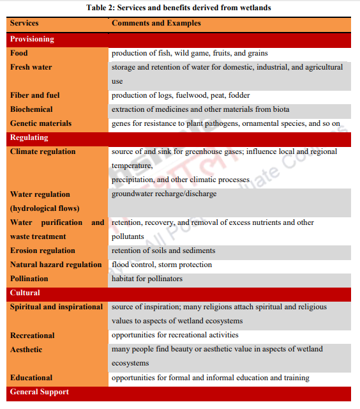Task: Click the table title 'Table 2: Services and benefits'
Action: pyautogui.click(x=180, y=8)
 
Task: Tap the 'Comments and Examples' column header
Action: pyautogui.click(x=156, y=24)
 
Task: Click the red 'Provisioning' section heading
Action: pyautogui.click(x=32, y=39)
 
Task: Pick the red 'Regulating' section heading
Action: pyautogui.click(x=29, y=137)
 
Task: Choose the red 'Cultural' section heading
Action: pyautogui.click(x=26, y=293)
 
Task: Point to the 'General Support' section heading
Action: pyautogui.click(x=40, y=392)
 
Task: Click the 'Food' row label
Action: pyautogui.click(x=19, y=53)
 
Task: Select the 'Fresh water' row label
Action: pyautogui.click(x=31, y=67)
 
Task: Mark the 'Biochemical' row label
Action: pyautogui.click(x=32, y=109)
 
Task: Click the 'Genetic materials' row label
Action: pyautogui.click(x=41, y=123)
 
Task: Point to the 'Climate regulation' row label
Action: pyautogui.click(x=43, y=151)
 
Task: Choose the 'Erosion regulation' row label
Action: pyautogui.click(x=43, y=251)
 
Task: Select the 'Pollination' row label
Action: pyautogui.click(x=29, y=279)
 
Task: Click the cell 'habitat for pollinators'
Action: pyautogui.click(x=147, y=279)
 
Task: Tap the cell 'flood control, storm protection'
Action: pyautogui.click(x=162, y=265)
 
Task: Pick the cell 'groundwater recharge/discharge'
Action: pyautogui.click(x=164, y=194)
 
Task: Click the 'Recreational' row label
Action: pyautogui.click(x=33, y=336)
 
